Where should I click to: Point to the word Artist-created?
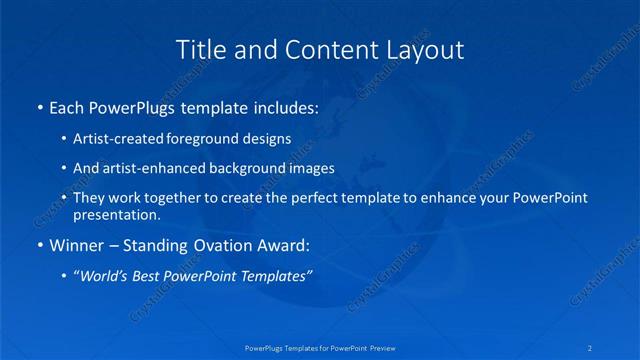click(122, 138)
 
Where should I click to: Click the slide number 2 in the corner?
click(591, 347)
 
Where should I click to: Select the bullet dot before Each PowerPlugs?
click(39, 106)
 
